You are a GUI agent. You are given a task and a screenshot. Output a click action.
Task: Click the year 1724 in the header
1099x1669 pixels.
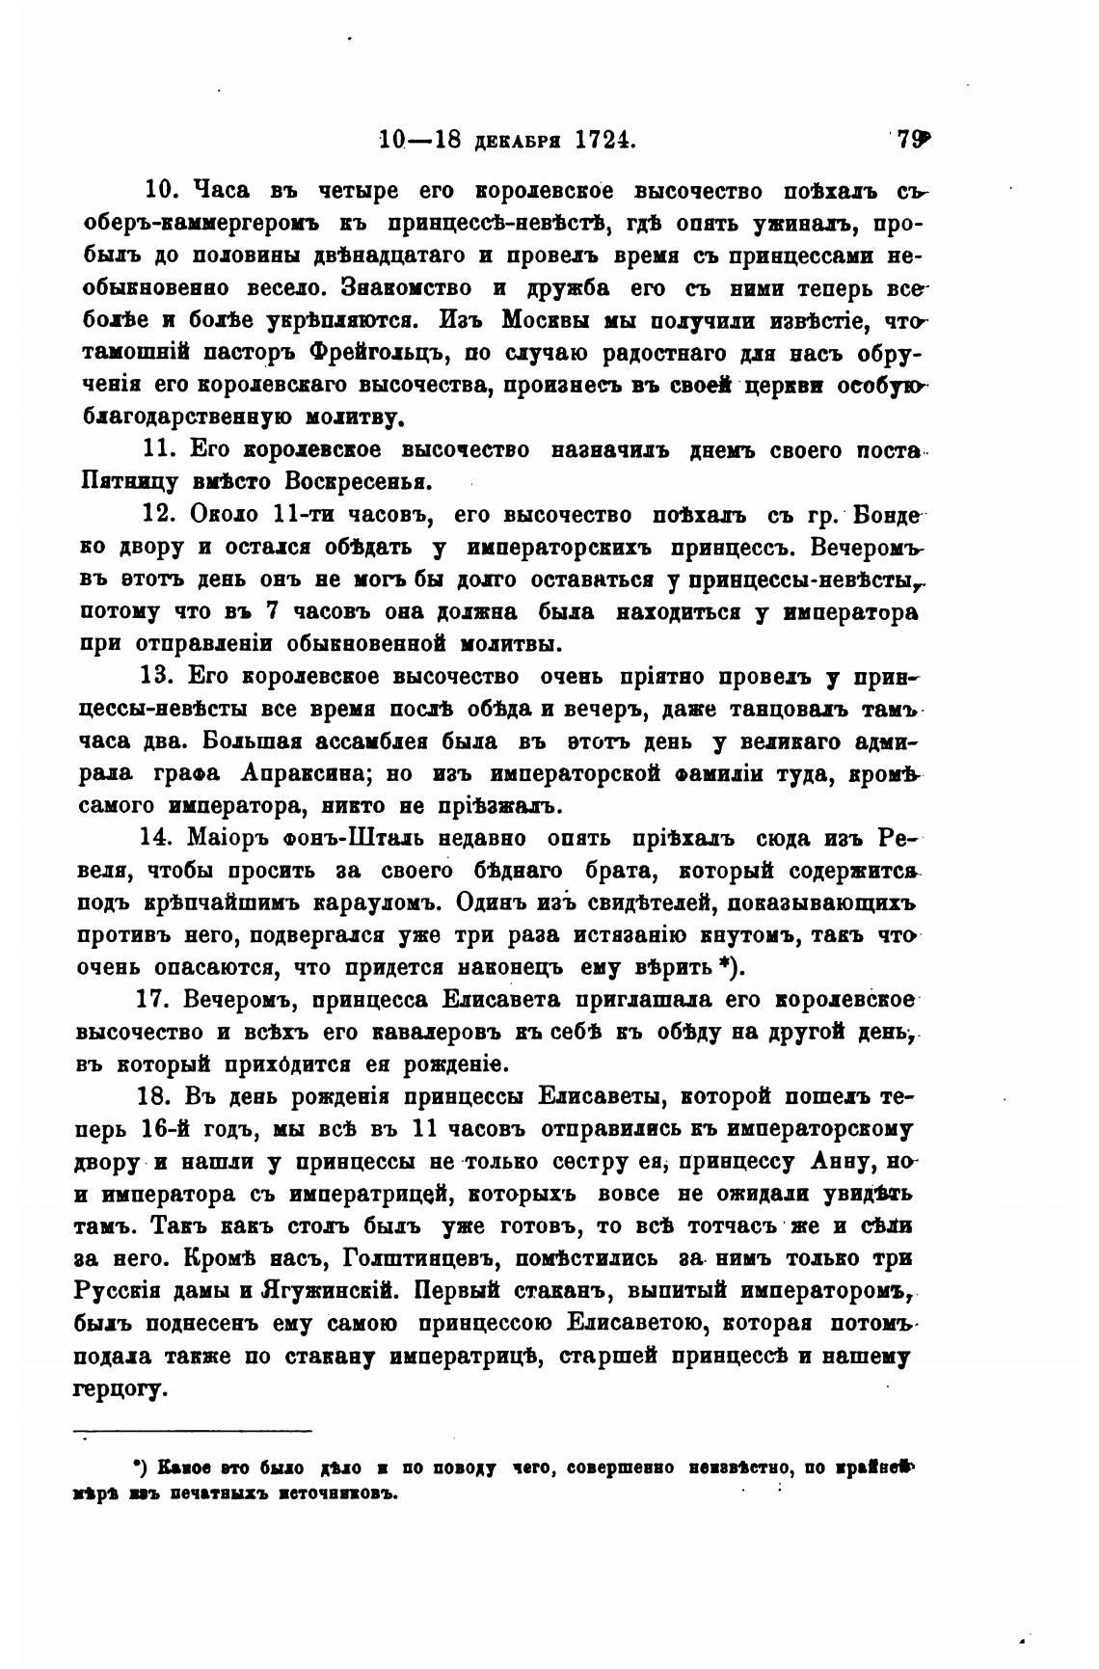click(605, 139)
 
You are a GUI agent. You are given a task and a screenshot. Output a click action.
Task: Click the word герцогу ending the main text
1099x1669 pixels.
click(121, 1390)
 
